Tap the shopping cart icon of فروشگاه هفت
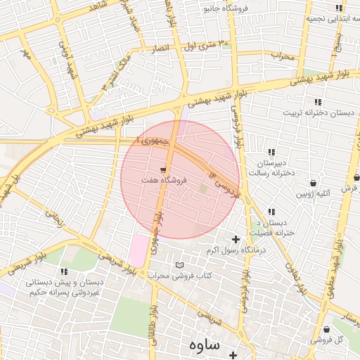163,169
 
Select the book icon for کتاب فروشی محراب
179,264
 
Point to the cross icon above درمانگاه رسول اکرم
236,240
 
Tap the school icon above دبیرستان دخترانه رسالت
271,152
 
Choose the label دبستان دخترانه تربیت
314,112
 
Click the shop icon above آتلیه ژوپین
313,184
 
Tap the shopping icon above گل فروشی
327,329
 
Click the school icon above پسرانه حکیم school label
64,271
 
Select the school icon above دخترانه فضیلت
271,212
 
